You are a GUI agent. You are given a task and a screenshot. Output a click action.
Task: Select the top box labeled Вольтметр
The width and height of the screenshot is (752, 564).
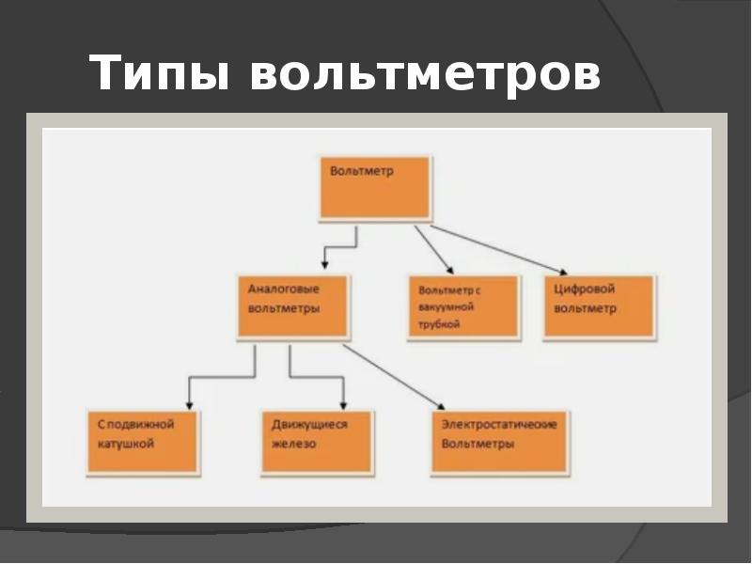(x=375, y=188)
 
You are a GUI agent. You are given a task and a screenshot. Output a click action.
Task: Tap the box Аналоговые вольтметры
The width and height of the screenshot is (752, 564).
(x=292, y=306)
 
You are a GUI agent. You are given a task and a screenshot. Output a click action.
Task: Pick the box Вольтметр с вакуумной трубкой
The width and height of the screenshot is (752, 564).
(x=462, y=306)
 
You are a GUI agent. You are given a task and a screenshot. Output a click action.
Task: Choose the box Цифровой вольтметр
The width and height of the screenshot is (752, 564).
(x=599, y=306)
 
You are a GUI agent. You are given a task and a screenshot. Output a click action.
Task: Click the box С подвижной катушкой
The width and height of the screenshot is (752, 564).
(x=143, y=441)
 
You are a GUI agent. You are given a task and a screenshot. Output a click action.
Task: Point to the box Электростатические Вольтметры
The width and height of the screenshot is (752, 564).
(x=500, y=441)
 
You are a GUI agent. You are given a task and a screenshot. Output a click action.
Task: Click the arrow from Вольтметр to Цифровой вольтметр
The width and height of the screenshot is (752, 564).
(x=498, y=249)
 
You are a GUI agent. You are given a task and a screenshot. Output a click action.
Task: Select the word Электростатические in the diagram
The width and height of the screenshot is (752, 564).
(x=499, y=425)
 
